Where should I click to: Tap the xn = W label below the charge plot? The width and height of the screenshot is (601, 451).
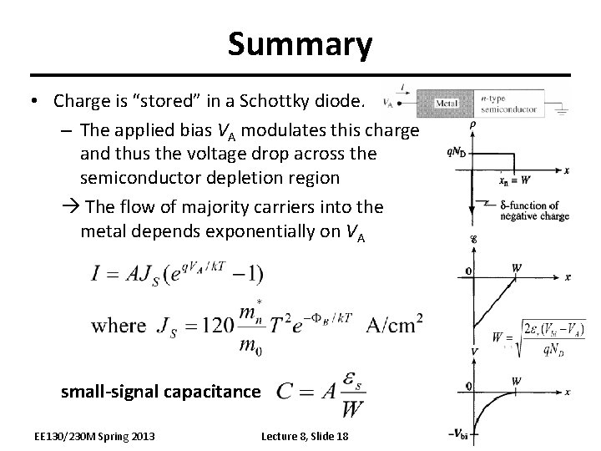[515, 179]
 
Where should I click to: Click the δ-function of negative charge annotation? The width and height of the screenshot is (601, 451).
[534, 210]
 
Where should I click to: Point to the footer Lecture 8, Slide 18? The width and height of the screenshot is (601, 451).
[305, 436]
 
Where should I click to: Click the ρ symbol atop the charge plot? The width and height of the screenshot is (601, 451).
[472, 125]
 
